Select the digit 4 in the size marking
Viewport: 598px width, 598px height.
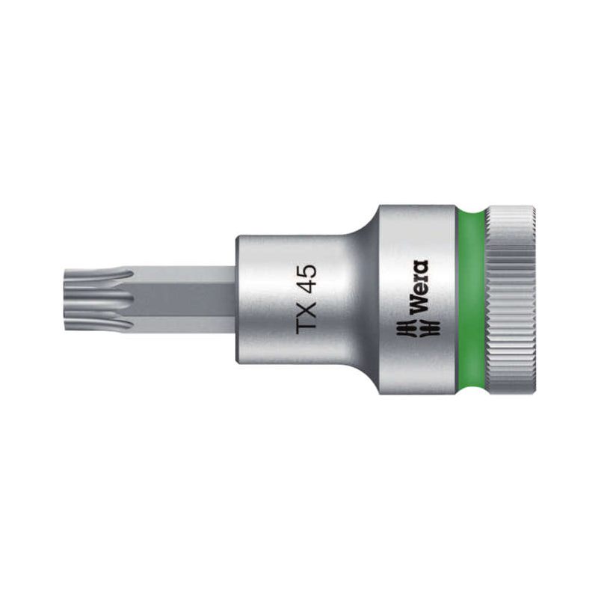pos(307,283)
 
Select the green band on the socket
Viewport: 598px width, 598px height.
pos(470,300)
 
